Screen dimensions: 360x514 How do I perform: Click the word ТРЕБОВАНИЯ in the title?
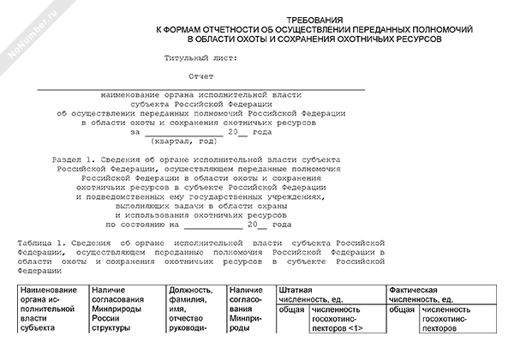tap(321, 18)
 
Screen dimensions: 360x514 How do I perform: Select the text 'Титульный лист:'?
tap(202, 58)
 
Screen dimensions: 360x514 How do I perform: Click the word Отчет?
tap(201, 77)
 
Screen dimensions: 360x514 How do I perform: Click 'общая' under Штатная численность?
tap(290, 309)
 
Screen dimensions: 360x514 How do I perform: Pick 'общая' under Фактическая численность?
tap(402, 309)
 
